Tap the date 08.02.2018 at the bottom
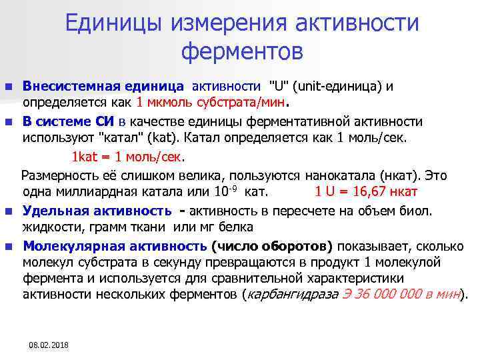pyautogui.click(x=49, y=345)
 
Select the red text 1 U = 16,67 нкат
pyautogui.click(x=366, y=192)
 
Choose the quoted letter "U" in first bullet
pyautogui.click(x=277, y=87)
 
